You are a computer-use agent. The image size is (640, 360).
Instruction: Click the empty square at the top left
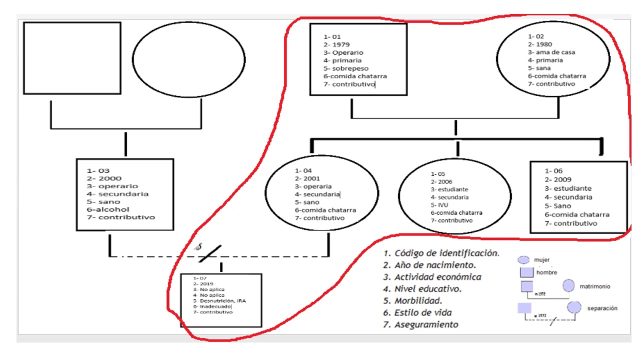[72, 57]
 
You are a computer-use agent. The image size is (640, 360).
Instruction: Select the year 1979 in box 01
[341, 44]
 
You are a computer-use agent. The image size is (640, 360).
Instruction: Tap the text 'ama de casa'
[555, 52]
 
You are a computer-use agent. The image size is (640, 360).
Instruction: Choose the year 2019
[206, 284]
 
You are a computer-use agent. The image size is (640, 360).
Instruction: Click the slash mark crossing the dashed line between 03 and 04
[210, 254]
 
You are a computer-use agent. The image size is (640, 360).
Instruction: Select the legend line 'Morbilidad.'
[418, 301]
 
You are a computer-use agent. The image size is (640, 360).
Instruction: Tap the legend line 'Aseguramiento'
[426, 324]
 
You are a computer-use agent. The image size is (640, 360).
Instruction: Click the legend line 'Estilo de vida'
[423, 313]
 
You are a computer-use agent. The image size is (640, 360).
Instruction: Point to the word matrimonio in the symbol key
[594, 286]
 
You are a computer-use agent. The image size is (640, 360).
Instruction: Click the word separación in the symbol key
[602, 308]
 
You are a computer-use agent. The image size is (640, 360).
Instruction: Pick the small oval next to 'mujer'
[523, 260]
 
